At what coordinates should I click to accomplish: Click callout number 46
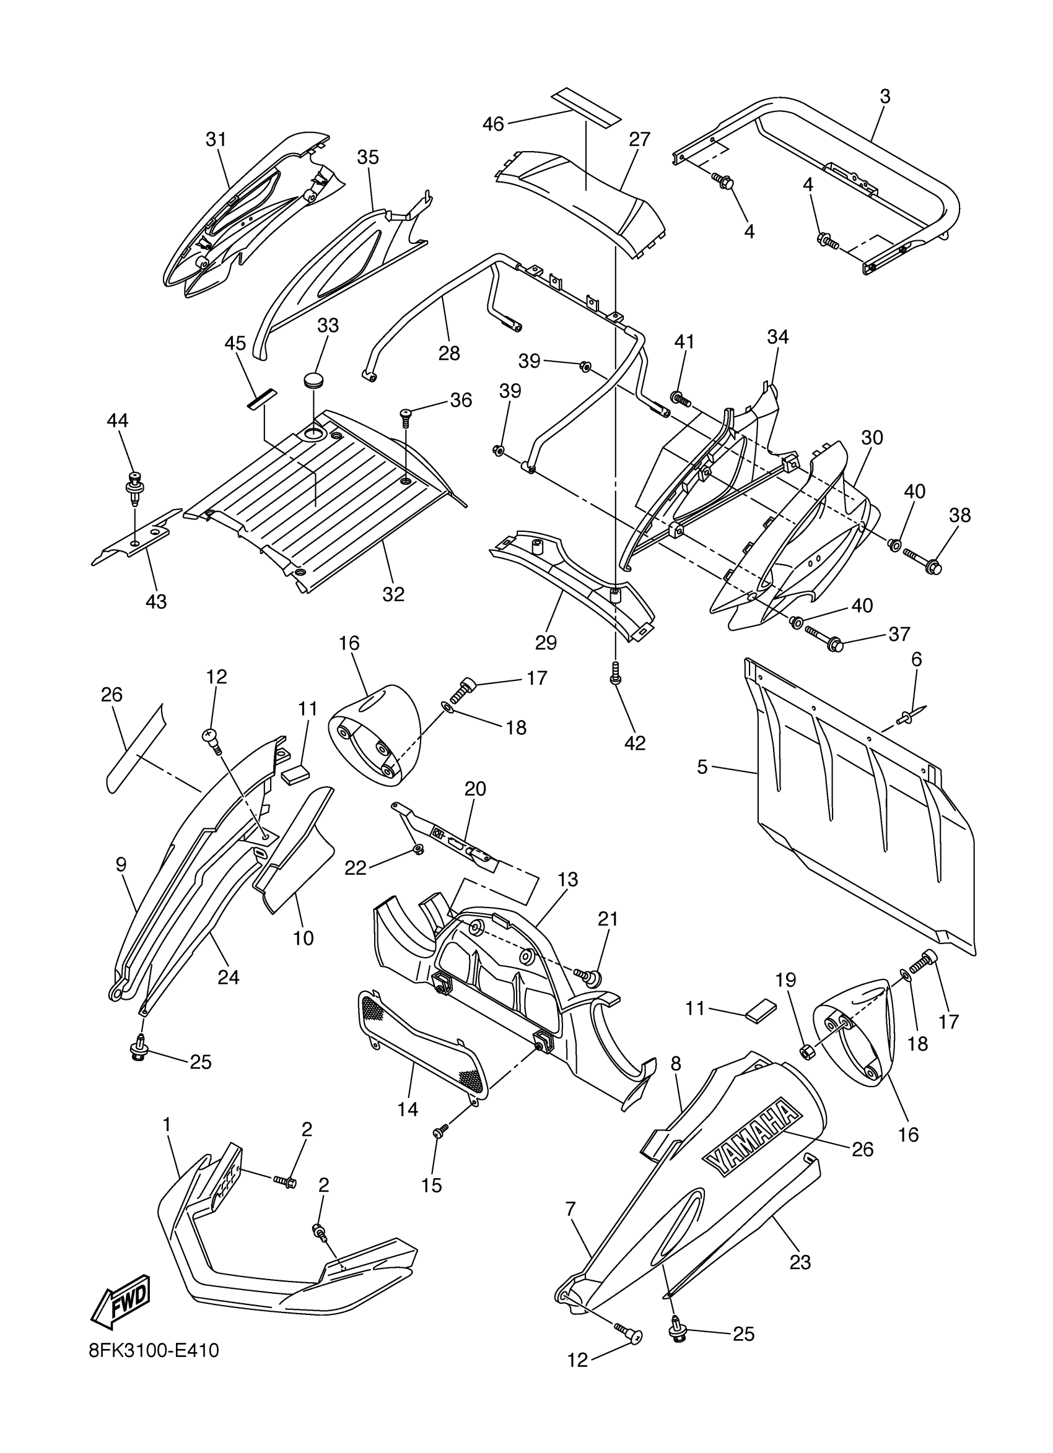pyautogui.click(x=494, y=124)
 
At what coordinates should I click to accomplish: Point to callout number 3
pyautogui.click(x=885, y=97)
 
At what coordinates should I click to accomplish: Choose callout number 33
pyautogui.click(x=328, y=326)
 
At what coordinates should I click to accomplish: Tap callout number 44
pyautogui.click(x=117, y=420)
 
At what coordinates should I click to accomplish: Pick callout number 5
pyautogui.click(x=702, y=766)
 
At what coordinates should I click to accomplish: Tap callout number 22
pyautogui.click(x=356, y=867)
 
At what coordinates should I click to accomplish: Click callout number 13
pyautogui.click(x=568, y=880)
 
